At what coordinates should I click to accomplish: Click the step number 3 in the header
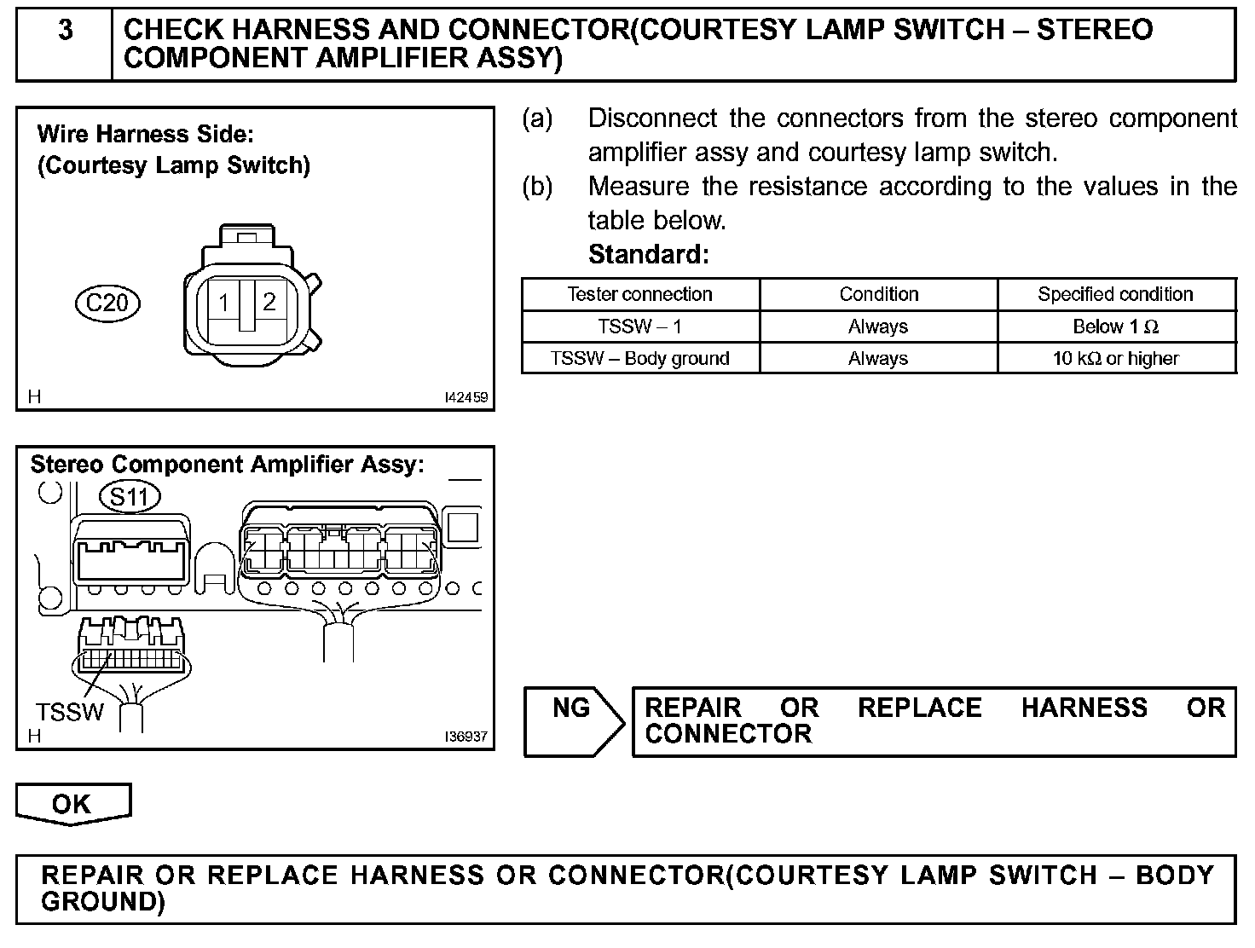coord(65,32)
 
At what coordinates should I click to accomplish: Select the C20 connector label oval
coord(108,303)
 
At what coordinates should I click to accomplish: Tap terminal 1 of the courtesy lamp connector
coord(223,303)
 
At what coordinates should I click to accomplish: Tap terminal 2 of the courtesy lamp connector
coord(269,302)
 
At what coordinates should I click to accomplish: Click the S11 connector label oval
coord(130,496)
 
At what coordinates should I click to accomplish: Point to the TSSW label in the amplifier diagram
coord(70,712)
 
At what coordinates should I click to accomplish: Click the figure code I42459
coord(466,397)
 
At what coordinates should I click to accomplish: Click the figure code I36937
coord(466,737)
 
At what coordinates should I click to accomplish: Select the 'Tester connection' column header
coord(639,294)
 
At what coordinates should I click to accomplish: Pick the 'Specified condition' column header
coord(1115,294)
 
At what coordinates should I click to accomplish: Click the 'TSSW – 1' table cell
coord(639,327)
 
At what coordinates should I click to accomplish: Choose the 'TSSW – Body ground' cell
coord(639,358)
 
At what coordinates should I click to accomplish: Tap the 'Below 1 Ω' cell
coord(1115,327)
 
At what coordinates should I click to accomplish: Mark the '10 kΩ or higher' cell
coord(1115,358)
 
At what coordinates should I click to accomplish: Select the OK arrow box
coord(72,804)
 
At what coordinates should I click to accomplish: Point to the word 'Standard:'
coord(648,254)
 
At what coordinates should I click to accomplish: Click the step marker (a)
coord(537,118)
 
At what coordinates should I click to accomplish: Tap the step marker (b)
coord(537,187)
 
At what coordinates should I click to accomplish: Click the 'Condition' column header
coord(878,294)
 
